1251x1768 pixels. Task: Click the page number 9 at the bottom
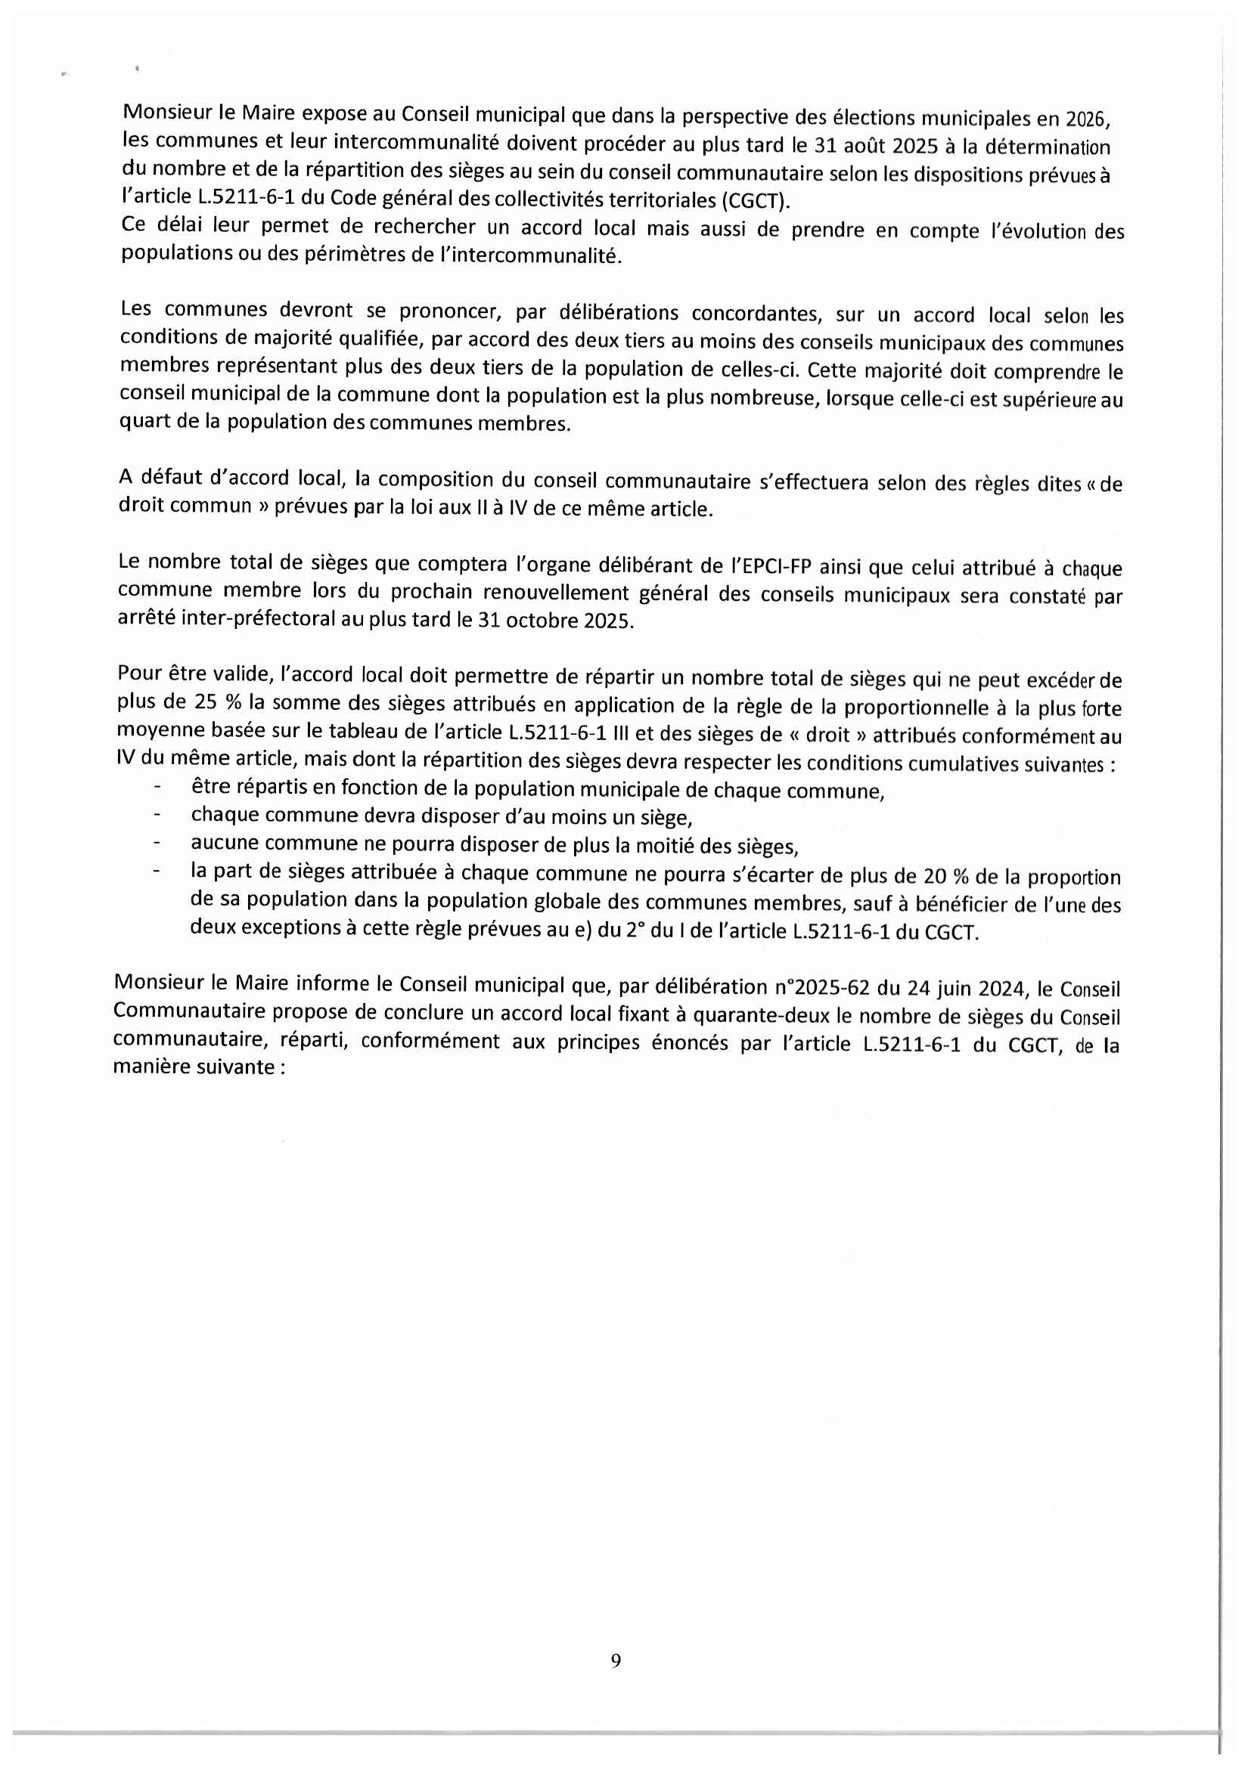tap(616, 1660)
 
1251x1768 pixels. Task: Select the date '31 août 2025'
tap(866, 146)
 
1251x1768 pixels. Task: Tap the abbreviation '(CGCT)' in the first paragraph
tap(756, 202)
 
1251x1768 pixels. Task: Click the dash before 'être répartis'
tap(158, 787)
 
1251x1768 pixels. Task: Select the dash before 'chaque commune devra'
tap(158, 815)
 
